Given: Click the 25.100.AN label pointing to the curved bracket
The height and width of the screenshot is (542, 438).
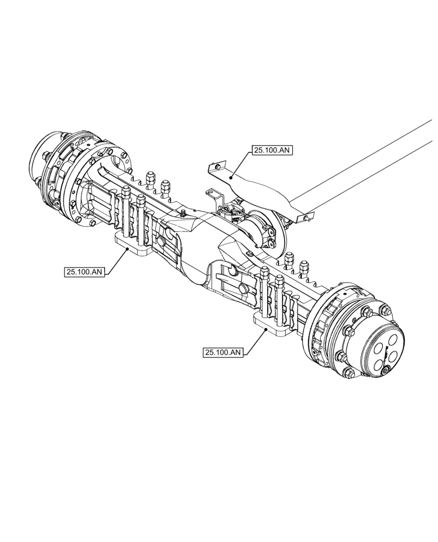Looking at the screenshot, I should pyautogui.click(x=272, y=150).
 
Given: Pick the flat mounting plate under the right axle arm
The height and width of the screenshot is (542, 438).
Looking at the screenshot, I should pyautogui.click(x=274, y=325).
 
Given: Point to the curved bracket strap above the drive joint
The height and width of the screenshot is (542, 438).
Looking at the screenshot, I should pyautogui.click(x=255, y=190).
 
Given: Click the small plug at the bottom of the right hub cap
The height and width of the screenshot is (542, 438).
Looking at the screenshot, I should pyautogui.click(x=386, y=371).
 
